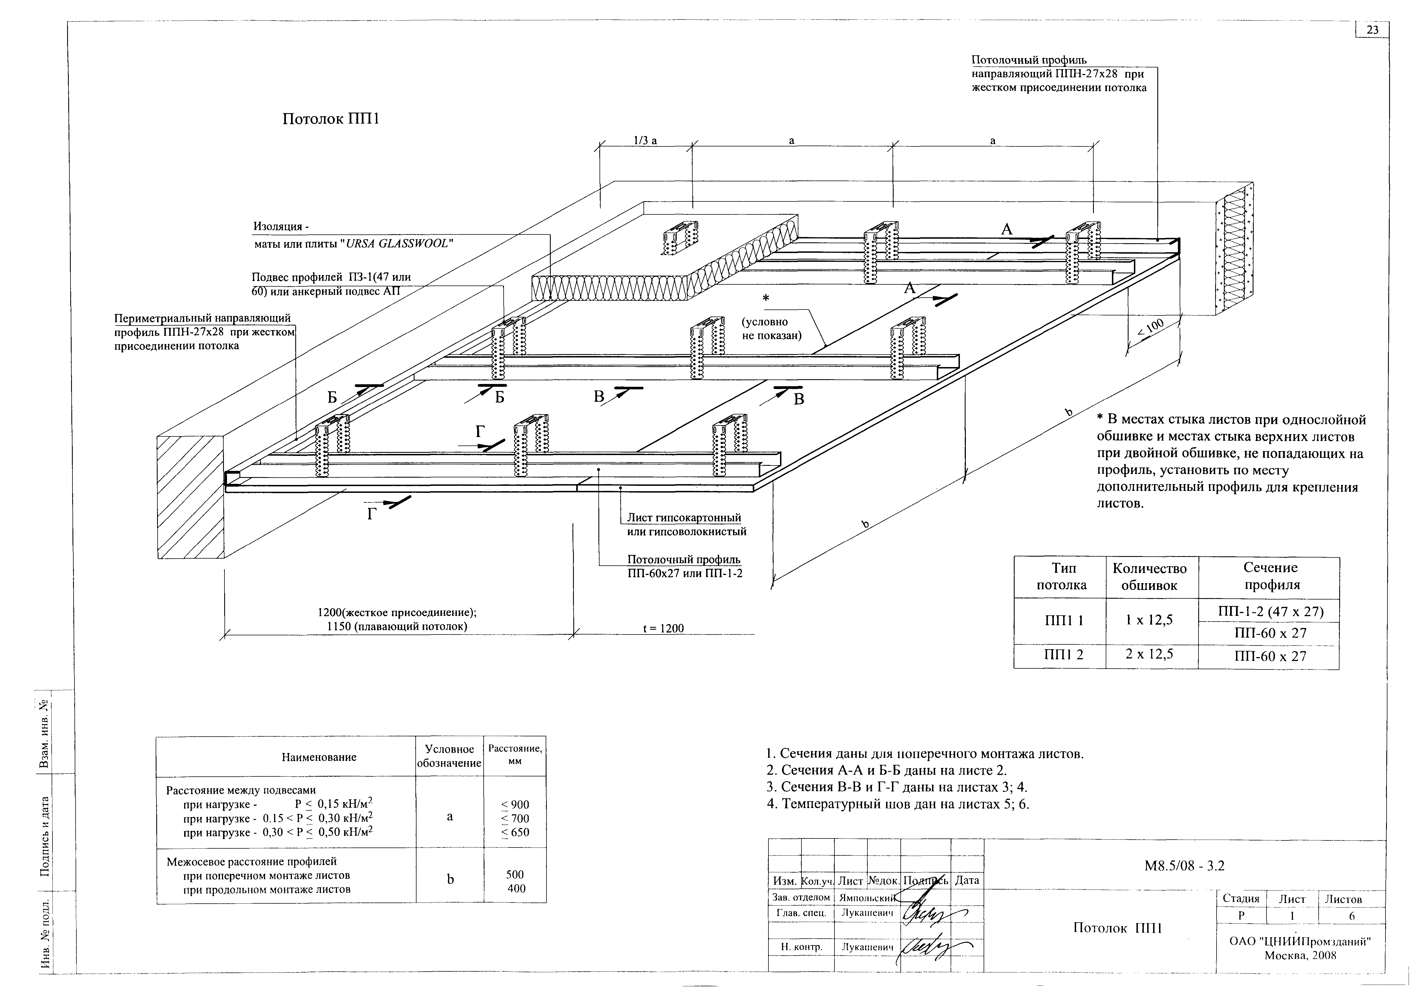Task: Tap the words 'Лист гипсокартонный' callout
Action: [684, 518]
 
